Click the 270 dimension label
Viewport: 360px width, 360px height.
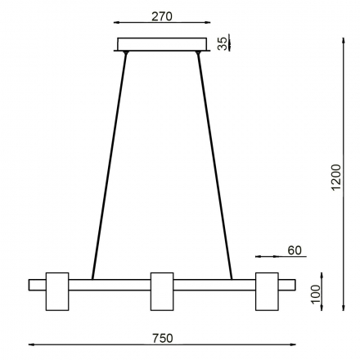point(162,15)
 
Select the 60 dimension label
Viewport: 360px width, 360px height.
point(296,250)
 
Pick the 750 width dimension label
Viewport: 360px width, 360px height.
point(163,336)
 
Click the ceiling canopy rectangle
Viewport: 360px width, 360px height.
point(162,44)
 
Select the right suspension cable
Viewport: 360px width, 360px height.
point(215,164)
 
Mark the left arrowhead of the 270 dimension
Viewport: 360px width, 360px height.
point(119,25)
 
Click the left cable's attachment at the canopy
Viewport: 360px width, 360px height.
point(126,53)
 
